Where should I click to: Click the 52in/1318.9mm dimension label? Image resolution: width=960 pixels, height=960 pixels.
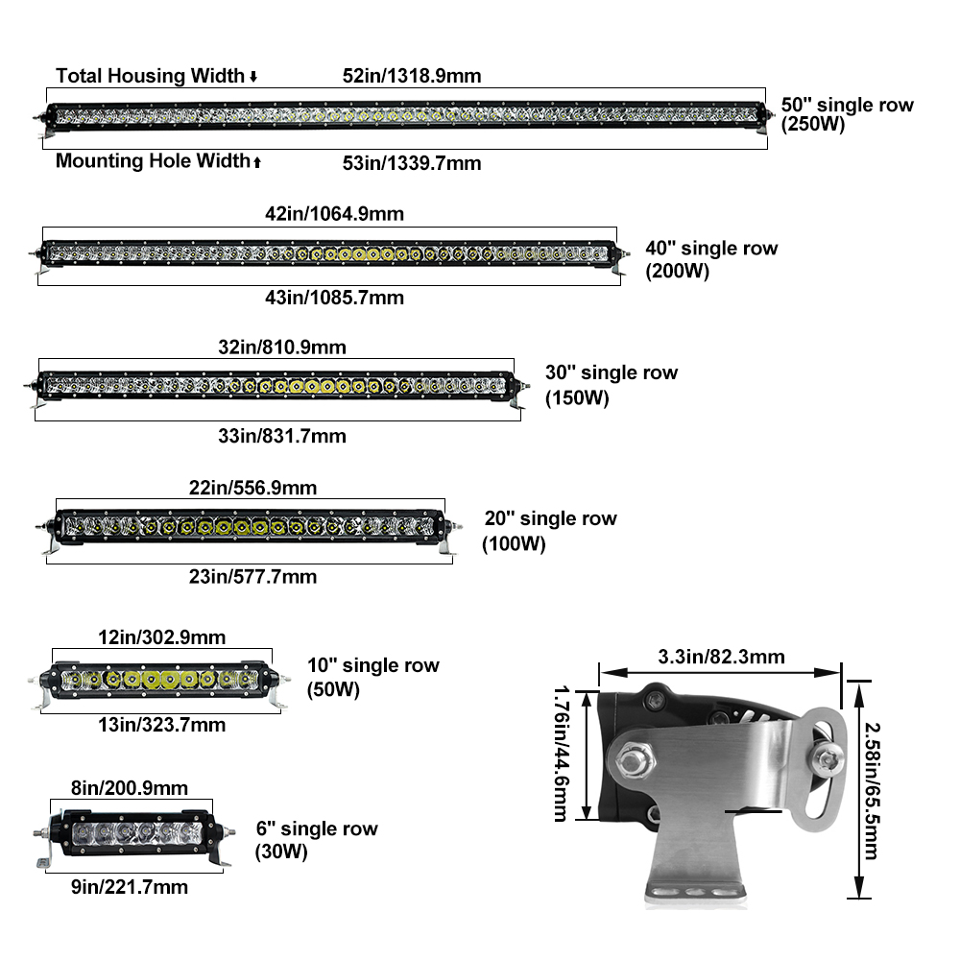(x=412, y=75)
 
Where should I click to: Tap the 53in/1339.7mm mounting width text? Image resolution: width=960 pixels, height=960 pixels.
(x=412, y=163)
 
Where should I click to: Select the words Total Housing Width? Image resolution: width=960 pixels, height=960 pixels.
(x=151, y=75)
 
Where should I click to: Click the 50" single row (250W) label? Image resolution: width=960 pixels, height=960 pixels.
(x=847, y=114)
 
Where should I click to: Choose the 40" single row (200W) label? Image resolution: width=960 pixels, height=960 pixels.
(x=711, y=259)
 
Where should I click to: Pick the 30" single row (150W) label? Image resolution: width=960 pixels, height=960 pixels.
(x=612, y=384)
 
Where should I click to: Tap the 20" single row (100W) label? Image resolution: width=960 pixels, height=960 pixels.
(x=550, y=531)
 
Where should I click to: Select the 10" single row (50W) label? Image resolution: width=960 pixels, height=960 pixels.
(x=372, y=677)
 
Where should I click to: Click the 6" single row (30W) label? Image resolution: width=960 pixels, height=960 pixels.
(x=316, y=839)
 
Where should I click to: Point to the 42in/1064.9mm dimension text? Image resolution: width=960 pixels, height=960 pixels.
(x=334, y=214)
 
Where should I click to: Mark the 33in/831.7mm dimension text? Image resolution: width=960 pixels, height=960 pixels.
(x=281, y=436)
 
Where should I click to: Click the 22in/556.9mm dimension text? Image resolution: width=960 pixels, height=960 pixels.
(x=253, y=488)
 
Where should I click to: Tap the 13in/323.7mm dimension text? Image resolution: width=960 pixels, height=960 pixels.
(x=162, y=724)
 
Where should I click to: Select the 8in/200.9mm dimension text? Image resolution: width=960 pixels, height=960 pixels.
(x=130, y=788)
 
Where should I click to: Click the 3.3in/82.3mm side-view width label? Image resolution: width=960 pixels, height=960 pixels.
(x=721, y=658)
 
